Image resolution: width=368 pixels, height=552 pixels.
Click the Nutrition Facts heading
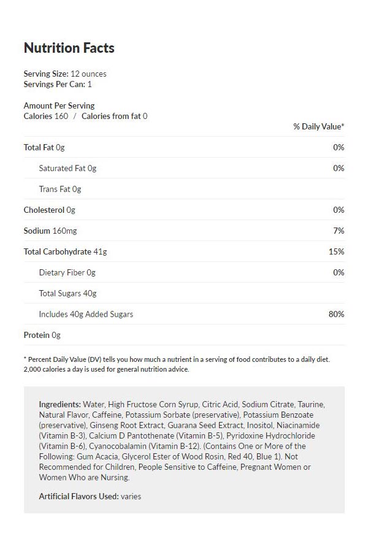click(69, 48)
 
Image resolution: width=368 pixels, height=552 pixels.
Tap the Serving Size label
click(45, 74)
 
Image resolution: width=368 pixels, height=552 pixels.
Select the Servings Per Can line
click(57, 85)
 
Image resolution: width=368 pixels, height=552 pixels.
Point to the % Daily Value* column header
click(318, 126)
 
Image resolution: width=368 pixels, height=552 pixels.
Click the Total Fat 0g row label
click(44, 147)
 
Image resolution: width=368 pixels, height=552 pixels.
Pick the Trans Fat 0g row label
click(59, 189)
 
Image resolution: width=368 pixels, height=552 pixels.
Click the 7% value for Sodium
click(339, 231)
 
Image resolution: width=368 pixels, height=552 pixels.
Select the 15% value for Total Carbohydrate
click(337, 251)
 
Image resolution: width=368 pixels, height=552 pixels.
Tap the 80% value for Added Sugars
click(336, 314)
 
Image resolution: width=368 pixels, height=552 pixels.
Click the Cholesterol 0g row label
click(49, 210)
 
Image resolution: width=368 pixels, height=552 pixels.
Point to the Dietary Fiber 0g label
click(67, 272)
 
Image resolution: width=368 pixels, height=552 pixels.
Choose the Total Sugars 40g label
click(67, 293)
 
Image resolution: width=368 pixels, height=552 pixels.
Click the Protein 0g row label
click(42, 335)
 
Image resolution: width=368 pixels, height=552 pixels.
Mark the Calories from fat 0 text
click(114, 116)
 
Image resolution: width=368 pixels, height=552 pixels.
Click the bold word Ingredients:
click(59, 405)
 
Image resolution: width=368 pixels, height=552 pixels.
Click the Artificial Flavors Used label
click(79, 496)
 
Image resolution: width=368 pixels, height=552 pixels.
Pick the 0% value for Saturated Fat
click(339, 168)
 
